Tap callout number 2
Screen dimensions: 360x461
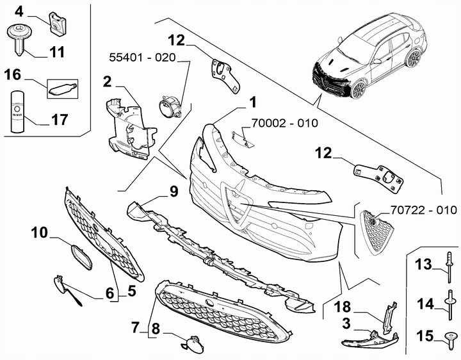pyautogui.click(x=108, y=81)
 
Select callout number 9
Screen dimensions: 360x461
pyautogui.click(x=172, y=191)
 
